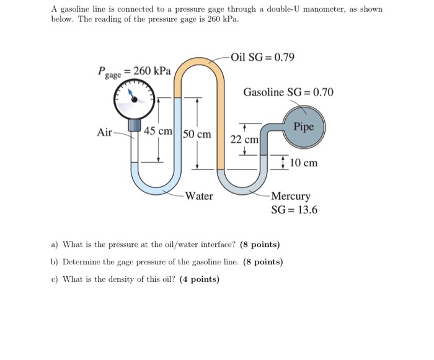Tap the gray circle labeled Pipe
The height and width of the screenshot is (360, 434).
click(304, 127)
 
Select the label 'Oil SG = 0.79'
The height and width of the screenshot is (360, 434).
click(262, 58)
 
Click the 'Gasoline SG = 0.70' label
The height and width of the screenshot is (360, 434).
click(288, 92)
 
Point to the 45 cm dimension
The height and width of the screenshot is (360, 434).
click(158, 132)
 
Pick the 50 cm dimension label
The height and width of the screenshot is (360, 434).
click(197, 134)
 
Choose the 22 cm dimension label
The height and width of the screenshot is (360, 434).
click(244, 140)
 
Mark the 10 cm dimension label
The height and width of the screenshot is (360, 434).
click(304, 163)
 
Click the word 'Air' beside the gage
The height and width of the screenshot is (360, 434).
click(105, 132)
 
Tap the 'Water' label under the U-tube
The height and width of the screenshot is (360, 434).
click(199, 196)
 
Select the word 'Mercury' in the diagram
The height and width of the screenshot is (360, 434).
click(291, 197)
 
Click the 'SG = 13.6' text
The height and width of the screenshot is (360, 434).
click(294, 210)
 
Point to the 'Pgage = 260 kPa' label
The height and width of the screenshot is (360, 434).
click(134, 72)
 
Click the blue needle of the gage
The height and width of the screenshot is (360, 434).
click(132, 94)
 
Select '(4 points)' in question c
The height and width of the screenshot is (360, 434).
click(200, 279)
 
